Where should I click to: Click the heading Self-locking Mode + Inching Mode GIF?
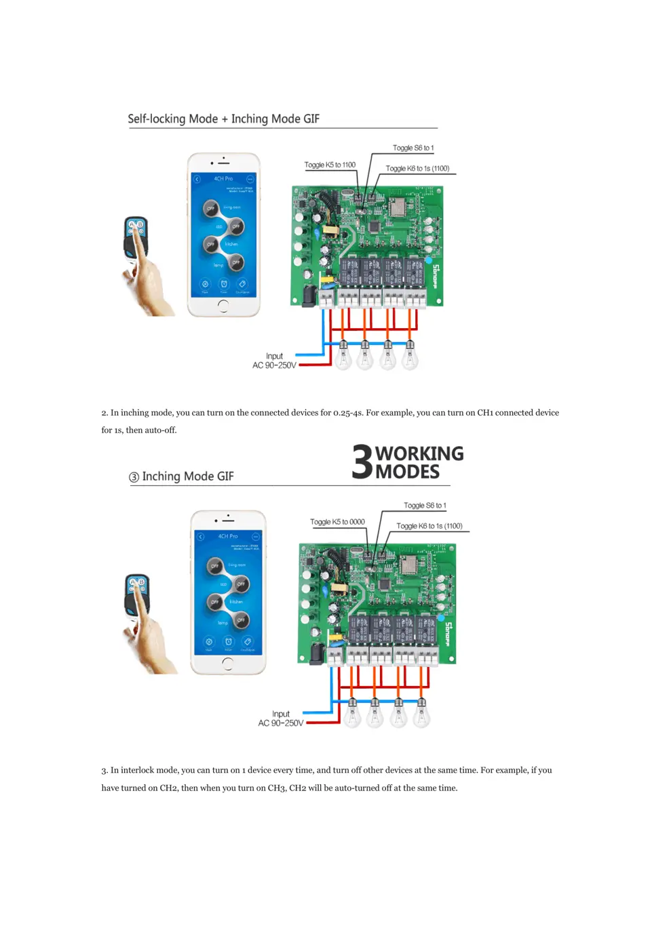point(223,119)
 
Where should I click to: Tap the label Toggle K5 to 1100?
point(330,165)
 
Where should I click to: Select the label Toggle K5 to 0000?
point(337,522)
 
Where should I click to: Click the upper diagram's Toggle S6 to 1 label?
point(413,148)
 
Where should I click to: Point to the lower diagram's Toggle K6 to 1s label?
point(429,526)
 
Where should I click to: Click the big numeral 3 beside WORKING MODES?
point(362,462)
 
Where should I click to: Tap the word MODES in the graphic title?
point(407,472)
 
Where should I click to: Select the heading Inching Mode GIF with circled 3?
point(181,477)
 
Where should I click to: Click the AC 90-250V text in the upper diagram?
point(274,365)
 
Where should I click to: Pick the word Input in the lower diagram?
point(281,714)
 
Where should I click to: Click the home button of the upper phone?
point(223,305)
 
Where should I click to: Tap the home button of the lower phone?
point(227,664)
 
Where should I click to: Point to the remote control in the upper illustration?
point(136,237)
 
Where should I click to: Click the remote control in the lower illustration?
point(137,595)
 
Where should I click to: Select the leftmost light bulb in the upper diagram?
point(343,355)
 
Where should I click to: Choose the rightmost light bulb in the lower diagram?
point(421,713)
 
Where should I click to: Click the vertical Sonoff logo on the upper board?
point(436,277)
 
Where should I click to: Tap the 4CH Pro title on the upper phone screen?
point(223,179)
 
